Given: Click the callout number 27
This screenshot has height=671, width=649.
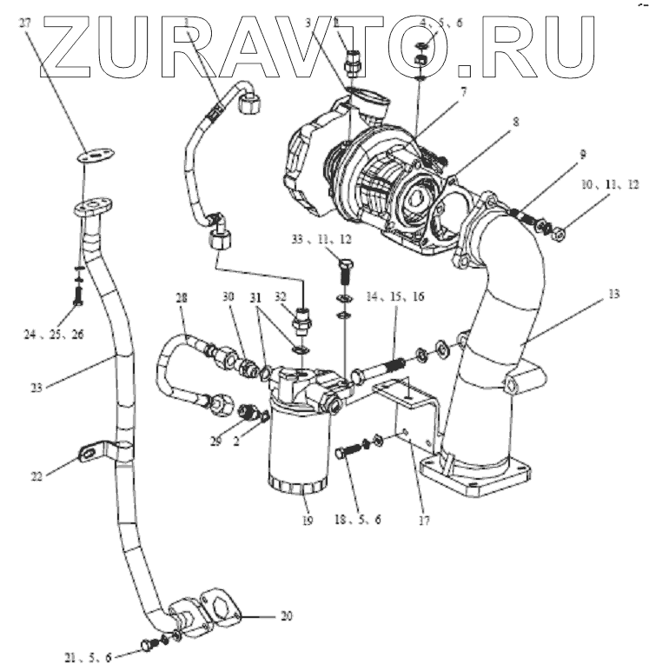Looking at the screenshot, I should tap(25, 23).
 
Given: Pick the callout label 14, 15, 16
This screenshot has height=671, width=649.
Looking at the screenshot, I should tap(395, 297).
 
